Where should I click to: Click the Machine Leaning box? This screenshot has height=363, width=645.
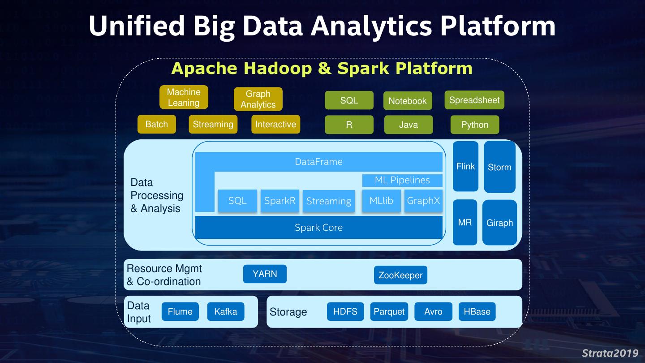coord(184,97)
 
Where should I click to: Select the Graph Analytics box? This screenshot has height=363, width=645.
coord(258,99)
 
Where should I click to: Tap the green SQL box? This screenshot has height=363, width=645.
coord(349,100)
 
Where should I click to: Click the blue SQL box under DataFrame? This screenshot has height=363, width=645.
coord(237,201)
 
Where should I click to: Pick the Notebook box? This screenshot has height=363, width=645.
coord(408,101)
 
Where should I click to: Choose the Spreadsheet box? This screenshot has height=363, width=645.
coord(474,100)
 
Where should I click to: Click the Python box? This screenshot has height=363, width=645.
coord(474,125)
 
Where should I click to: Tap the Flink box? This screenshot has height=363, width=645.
coord(465,166)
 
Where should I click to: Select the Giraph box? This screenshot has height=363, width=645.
coord(499,223)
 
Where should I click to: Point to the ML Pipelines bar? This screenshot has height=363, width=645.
coord(402,180)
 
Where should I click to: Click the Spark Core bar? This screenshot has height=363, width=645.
coord(318,227)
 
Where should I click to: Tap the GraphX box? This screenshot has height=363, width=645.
coord(423,201)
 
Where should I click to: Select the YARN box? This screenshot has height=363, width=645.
coord(265,274)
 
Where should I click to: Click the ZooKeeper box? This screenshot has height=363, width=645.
coord(400,275)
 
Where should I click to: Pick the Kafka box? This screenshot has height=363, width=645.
coord(226,311)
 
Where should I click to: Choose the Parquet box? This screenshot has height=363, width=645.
coord(389,311)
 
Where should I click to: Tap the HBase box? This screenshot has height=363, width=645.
coord(477,311)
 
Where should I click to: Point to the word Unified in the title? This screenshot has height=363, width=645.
coord(137,26)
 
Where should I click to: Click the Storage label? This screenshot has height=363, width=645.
coord(288,312)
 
